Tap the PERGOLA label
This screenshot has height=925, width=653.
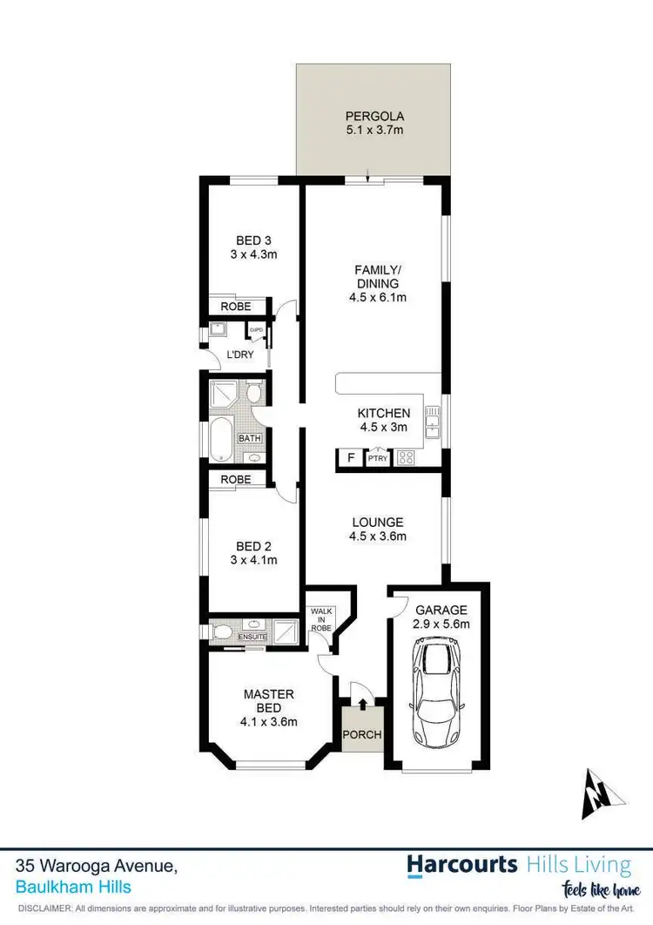click(374, 116)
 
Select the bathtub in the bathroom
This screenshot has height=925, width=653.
click(222, 439)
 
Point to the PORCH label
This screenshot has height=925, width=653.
click(361, 734)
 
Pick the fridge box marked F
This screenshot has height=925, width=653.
click(351, 458)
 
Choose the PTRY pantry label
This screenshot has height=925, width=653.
click(378, 458)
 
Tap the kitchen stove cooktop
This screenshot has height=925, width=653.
click(406, 457)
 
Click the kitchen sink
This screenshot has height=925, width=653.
click(431, 423)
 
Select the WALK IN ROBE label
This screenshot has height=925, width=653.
click(322, 618)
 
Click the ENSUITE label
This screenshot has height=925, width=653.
click(252, 638)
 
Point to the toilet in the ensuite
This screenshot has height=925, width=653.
click(223, 631)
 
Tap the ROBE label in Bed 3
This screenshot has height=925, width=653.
click(235, 307)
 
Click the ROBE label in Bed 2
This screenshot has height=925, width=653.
click(235, 480)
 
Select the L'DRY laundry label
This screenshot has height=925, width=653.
click(239, 355)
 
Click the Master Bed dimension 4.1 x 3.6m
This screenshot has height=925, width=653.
click(269, 722)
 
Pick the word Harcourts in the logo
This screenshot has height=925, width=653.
click(463, 864)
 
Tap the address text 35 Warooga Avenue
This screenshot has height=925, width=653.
click(97, 867)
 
